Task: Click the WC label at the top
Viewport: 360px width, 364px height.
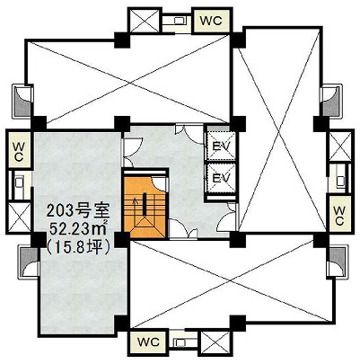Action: (211, 21)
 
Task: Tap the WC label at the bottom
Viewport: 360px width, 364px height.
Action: (148, 342)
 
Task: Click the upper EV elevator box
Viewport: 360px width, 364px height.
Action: (222, 146)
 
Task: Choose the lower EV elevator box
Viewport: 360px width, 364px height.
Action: (222, 177)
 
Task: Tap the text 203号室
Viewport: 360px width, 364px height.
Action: (78, 211)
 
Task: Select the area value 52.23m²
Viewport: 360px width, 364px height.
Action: (78, 229)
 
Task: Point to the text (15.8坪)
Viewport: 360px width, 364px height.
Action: (78, 247)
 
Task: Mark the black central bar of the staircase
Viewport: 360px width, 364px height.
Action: (145, 205)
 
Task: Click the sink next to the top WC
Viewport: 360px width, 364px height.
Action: (180, 21)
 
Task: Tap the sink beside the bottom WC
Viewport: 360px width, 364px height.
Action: (180, 342)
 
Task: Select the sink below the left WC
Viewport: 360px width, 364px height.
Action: (19, 182)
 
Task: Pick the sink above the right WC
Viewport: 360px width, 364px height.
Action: (340, 181)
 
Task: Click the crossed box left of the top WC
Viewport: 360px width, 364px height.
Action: (145, 20)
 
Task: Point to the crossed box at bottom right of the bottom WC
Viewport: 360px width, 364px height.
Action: (215, 342)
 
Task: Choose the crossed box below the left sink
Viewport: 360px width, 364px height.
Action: (19, 218)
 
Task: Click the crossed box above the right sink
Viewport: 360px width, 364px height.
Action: (340, 146)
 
